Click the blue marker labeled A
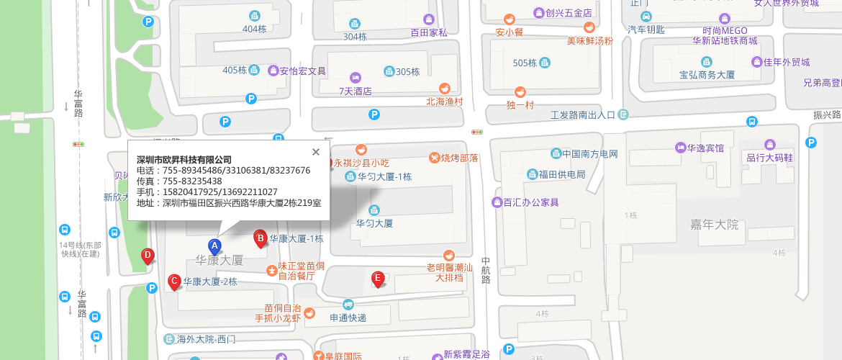pyautogui.click(x=214, y=246)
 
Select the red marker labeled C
pyautogui.click(x=173, y=282)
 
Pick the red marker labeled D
pyautogui.click(x=148, y=256)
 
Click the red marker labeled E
pyautogui.click(x=377, y=279)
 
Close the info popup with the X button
pyautogui.click(x=315, y=152)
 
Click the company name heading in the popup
pyautogui.click(x=184, y=159)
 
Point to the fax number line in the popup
pyautogui.click(x=179, y=181)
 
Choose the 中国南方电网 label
pyautogui.click(x=590, y=153)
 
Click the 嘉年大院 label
pyautogui.click(x=713, y=225)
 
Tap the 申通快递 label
pyautogui.click(x=348, y=318)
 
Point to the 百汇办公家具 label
pyautogui.click(x=531, y=202)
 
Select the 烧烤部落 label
pyautogui.click(x=459, y=158)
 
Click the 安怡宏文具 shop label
pyautogui.click(x=303, y=71)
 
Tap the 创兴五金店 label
pyautogui.click(x=569, y=13)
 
